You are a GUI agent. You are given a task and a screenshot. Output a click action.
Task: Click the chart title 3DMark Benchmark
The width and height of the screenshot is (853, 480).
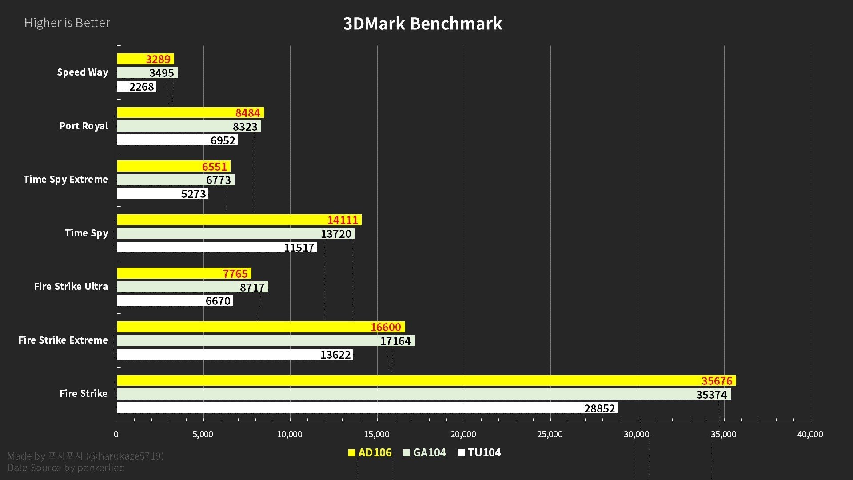423,24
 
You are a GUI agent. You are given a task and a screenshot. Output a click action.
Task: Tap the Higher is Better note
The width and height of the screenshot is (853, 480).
67,23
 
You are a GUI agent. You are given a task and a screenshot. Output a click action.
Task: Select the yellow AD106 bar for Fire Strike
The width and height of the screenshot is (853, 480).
400,380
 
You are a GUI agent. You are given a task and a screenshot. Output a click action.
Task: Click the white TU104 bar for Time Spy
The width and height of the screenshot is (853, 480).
200,247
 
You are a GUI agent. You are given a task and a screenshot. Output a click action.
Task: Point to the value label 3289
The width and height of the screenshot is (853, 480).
158,59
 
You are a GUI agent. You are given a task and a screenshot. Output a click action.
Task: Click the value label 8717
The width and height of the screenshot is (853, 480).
252,288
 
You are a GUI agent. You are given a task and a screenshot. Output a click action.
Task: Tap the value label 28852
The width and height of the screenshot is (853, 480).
599,408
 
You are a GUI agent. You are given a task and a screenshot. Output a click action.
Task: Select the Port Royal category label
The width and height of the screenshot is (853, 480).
84,126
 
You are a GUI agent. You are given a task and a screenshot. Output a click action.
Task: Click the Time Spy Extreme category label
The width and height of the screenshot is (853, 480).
66,179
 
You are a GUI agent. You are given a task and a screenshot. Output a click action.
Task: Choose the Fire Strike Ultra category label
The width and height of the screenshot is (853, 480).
71,286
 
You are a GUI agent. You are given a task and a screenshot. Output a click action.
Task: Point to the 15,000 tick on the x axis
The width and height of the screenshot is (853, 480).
377,434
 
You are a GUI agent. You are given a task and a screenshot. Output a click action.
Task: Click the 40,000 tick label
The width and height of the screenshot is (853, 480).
810,434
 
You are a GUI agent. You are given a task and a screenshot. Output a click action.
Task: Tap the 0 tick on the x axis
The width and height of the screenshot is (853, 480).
116,434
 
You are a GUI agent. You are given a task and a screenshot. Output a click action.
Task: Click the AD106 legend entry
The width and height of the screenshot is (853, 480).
370,452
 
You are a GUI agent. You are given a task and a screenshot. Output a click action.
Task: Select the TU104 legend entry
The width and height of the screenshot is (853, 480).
479,452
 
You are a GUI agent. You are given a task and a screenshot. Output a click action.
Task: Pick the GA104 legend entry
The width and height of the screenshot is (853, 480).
425,452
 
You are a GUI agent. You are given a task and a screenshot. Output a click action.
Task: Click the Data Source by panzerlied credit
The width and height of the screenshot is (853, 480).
66,468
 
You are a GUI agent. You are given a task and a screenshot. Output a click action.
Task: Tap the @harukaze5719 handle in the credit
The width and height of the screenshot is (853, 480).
125,456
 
